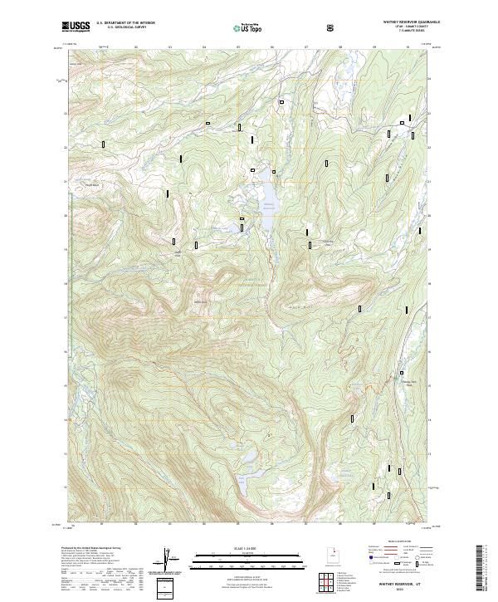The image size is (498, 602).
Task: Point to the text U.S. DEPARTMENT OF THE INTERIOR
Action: tap(125, 23)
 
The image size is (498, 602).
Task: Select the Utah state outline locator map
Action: tap(332, 556)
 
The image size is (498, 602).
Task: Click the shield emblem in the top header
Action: tap(333, 27)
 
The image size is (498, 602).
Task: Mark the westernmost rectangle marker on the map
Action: tap(104, 144)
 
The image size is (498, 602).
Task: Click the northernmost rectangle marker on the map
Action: tap(282, 102)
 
